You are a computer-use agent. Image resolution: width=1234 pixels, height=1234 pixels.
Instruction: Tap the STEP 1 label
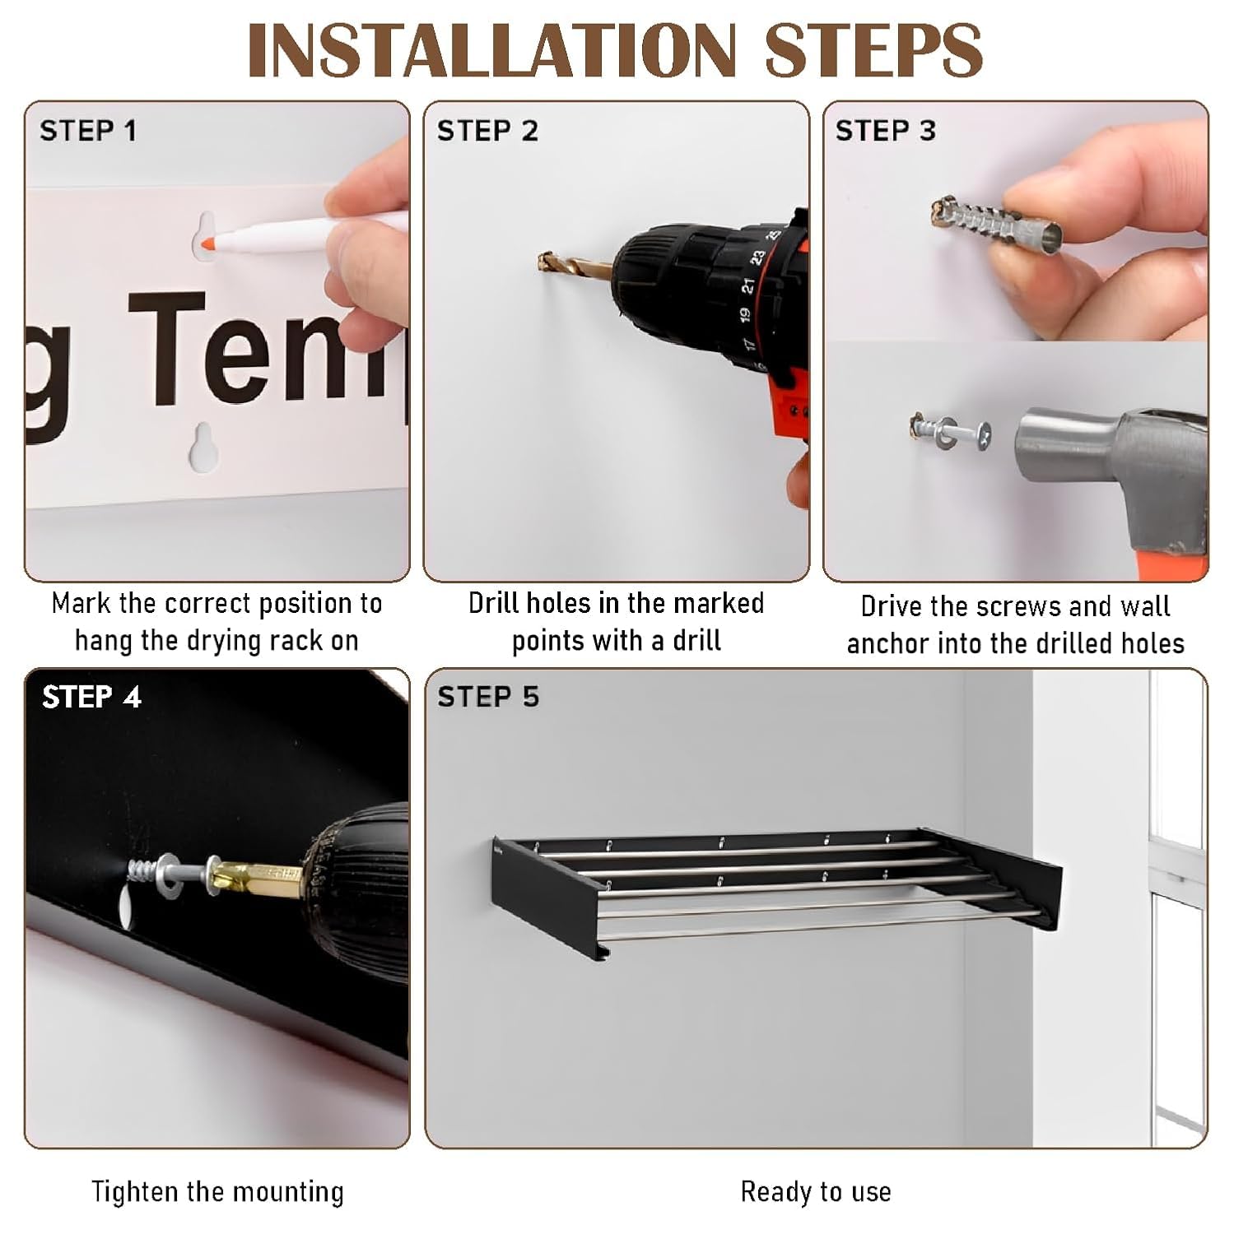point(88,131)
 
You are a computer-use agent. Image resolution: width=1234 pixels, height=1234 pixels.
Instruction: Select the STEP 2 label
point(487,131)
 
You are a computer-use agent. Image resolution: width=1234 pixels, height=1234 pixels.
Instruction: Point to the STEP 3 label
point(886,131)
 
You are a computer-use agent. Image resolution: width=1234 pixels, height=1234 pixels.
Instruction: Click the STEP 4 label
point(91,697)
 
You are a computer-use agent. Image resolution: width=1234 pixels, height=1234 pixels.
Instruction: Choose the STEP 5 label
point(488,697)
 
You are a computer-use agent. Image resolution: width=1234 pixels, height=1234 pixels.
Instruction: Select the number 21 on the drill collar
point(747,285)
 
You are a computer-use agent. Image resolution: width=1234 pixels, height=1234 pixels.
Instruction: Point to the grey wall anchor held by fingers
point(996,220)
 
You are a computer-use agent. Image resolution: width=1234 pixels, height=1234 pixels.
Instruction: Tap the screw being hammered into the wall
point(951,431)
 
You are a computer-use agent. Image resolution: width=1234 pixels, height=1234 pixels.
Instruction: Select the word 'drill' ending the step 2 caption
point(696,640)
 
